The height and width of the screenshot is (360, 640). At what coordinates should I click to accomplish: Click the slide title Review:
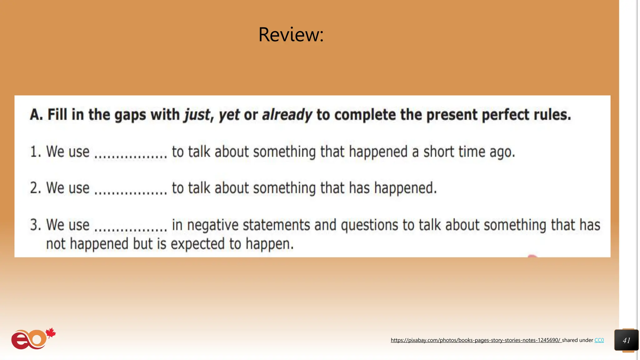click(x=291, y=34)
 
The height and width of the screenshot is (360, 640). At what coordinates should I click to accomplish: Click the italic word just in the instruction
click(x=197, y=115)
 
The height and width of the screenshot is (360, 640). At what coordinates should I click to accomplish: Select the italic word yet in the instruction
click(x=229, y=115)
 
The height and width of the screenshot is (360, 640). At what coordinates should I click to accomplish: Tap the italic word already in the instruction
click(x=287, y=115)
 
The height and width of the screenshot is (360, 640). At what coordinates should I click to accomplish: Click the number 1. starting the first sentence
click(x=35, y=152)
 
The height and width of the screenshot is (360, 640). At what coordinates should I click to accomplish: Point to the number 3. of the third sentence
click(x=35, y=225)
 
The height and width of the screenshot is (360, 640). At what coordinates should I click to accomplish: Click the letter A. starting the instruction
click(x=36, y=115)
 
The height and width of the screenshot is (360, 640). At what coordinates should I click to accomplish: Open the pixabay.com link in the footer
click(x=476, y=340)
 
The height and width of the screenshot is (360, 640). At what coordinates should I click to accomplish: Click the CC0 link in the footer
click(x=599, y=340)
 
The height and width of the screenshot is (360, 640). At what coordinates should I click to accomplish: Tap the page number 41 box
click(x=626, y=340)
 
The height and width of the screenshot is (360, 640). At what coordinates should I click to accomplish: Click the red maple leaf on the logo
click(x=51, y=333)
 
